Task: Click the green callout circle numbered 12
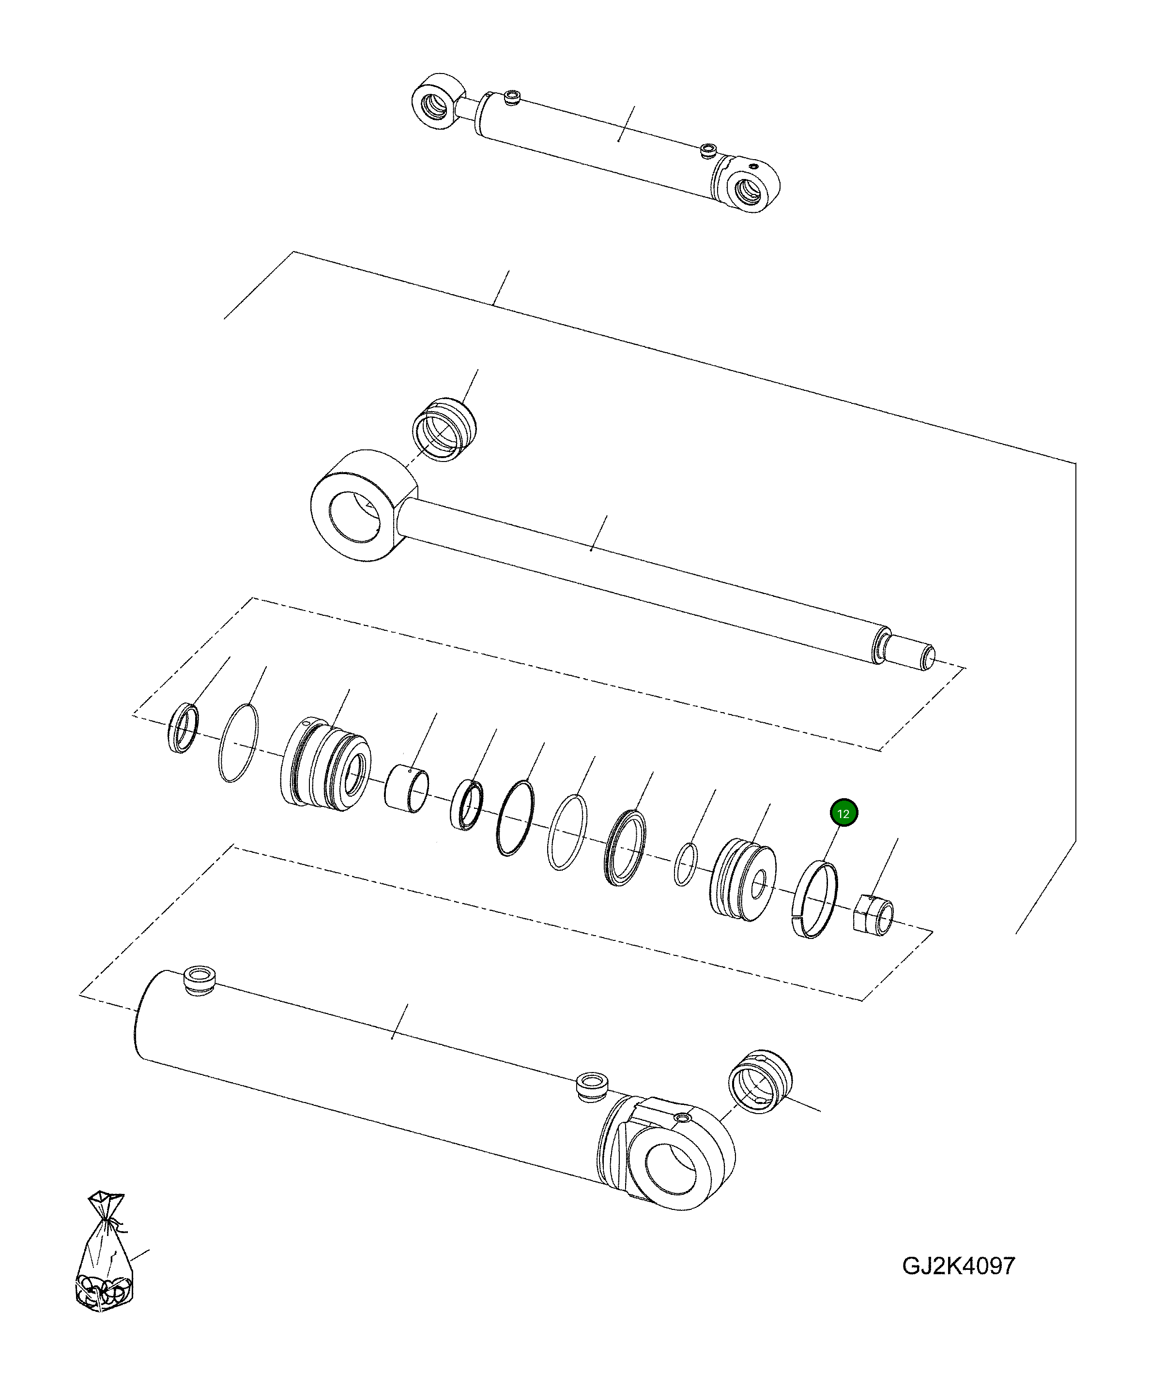[843, 813]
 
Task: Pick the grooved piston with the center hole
[744, 879]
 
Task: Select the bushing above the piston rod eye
[444, 430]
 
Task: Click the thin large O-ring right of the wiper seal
[238, 743]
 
